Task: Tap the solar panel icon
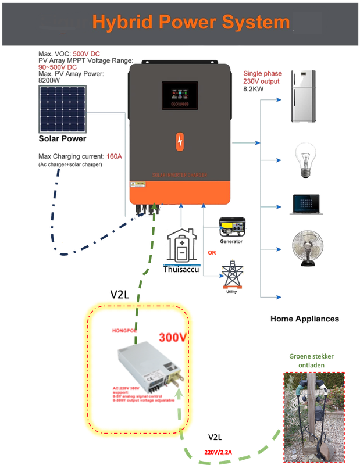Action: [x=62, y=109]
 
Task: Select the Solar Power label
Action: [x=62, y=138]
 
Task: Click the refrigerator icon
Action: [x=303, y=96]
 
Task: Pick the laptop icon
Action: [x=306, y=203]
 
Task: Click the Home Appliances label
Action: [x=305, y=319]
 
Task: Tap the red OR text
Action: [x=212, y=253]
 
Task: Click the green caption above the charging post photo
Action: [x=312, y=361]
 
